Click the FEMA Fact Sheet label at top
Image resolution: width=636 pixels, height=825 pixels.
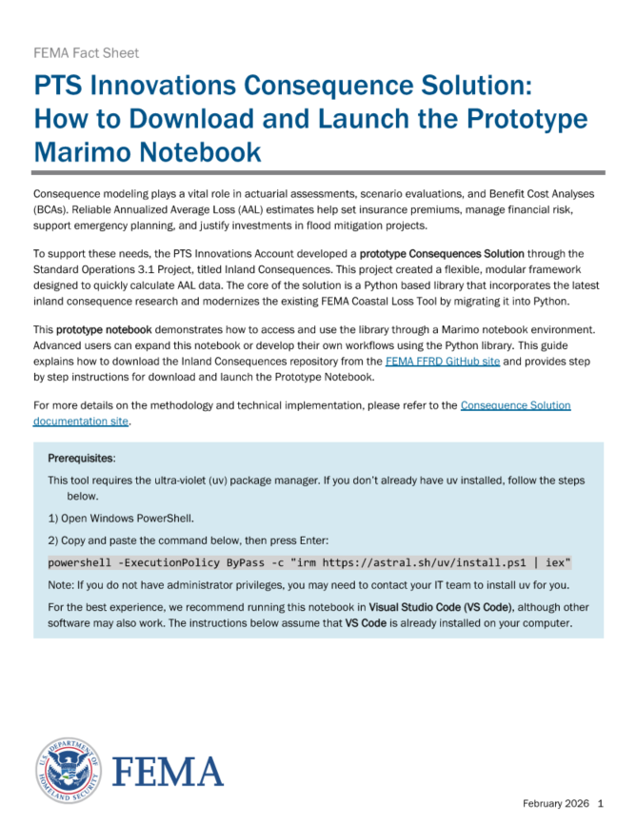[86, 53]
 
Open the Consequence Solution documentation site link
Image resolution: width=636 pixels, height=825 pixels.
[515, 405]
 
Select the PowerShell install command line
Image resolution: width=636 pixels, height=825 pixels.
[309, 562]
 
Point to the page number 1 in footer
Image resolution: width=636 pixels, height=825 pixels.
[601, 802]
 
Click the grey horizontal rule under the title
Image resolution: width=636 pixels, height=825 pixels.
[318, 172]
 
